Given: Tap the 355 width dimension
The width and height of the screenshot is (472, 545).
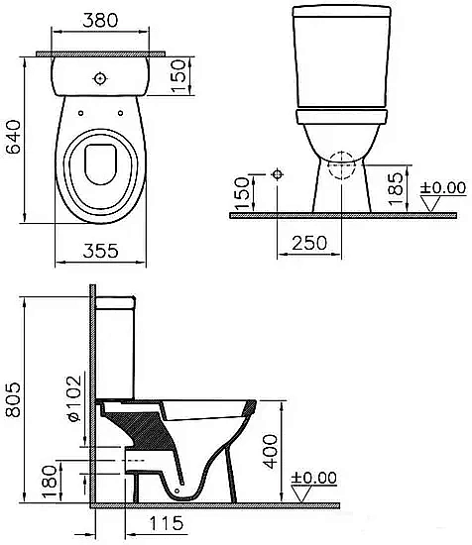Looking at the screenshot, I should click(98, 251).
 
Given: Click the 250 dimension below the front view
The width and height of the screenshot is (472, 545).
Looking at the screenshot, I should click(309, 243).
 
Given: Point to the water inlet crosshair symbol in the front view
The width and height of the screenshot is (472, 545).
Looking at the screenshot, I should click(278, 174).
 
